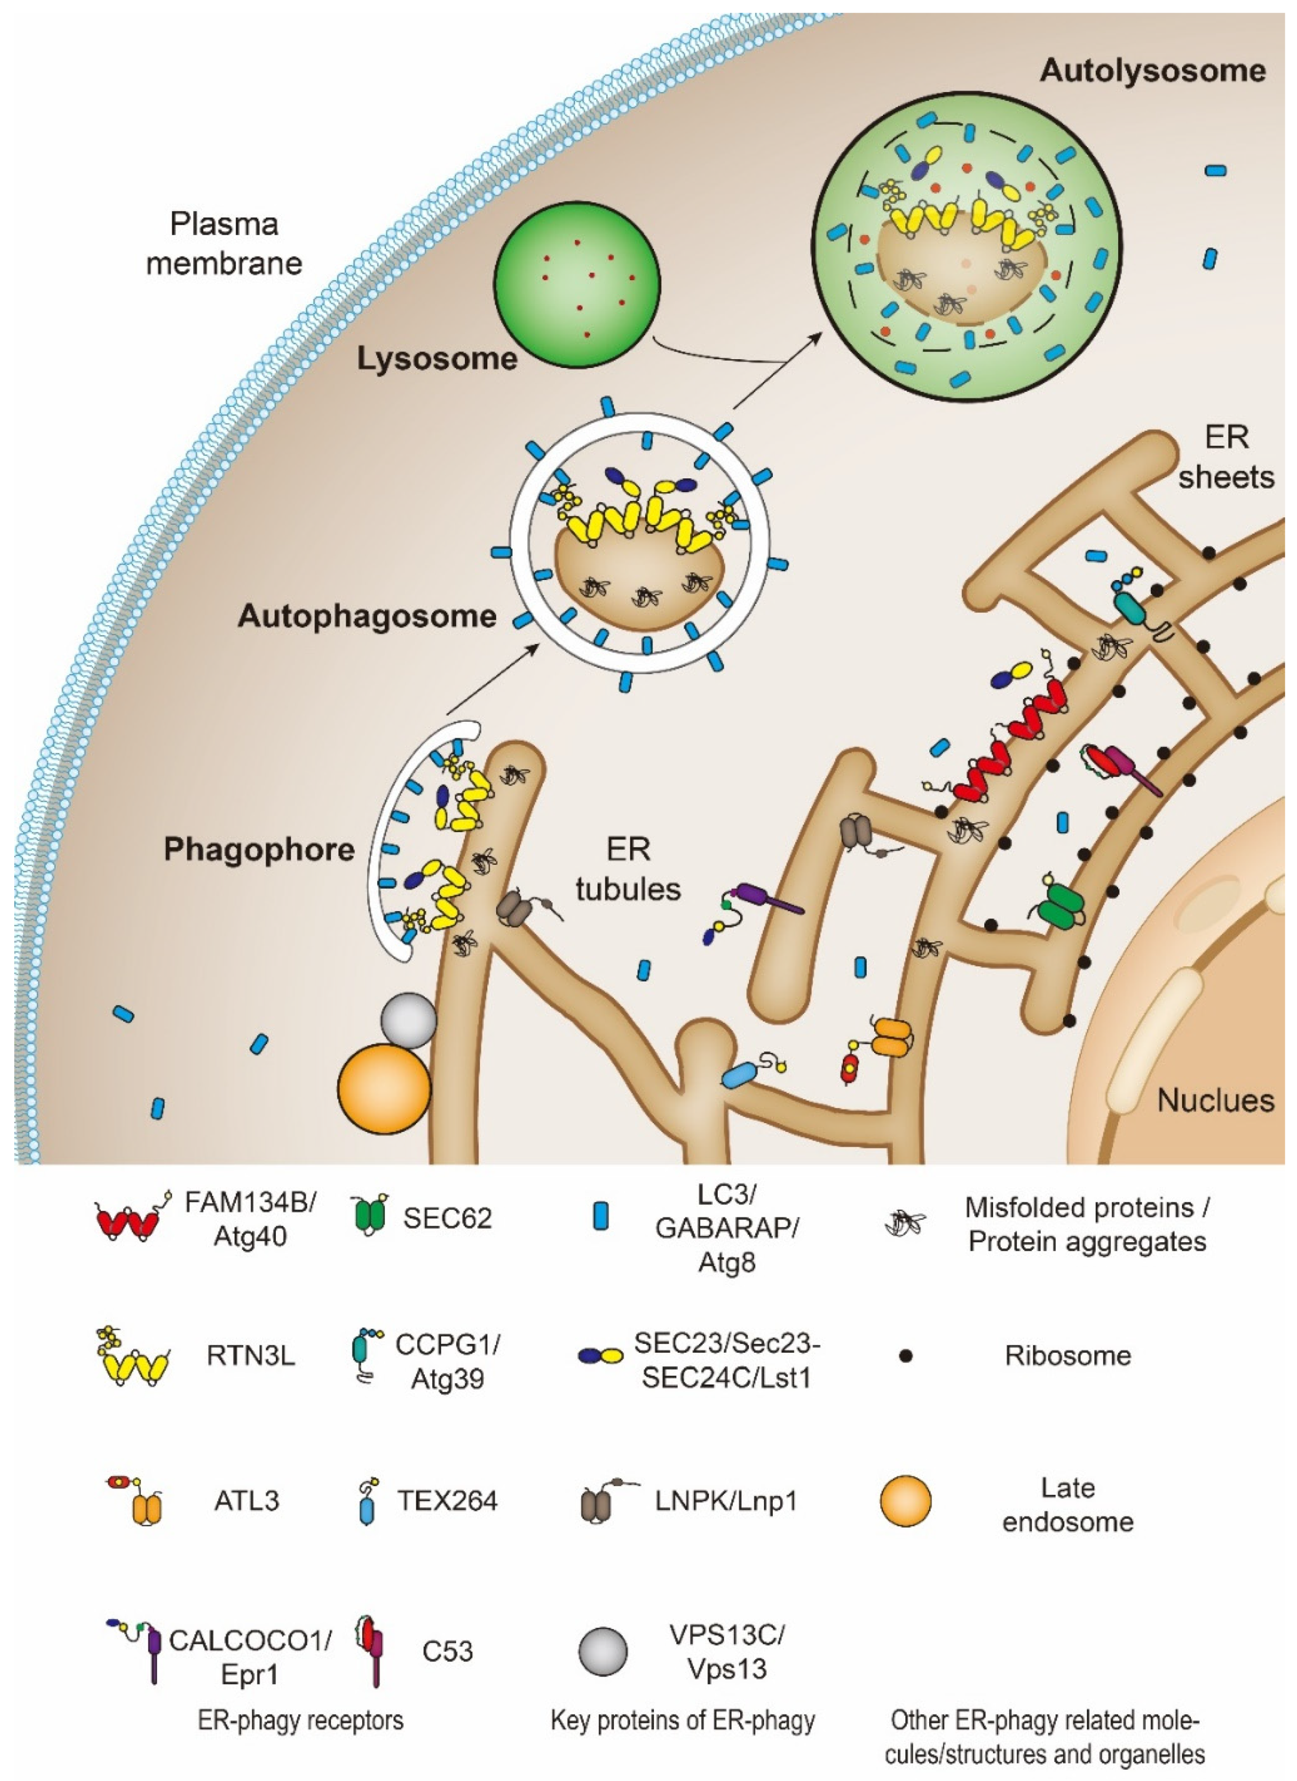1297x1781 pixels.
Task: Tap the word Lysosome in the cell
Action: (x=437, y=359)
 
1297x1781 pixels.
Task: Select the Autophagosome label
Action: (x=367, y=616)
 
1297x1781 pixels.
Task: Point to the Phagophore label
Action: (x=259, y=850)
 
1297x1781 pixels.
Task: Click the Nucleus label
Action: (x=1215, y=1100)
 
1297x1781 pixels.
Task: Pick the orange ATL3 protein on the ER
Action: (x=891, y=1037)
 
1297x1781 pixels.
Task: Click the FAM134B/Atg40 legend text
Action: (x=250, y=1219)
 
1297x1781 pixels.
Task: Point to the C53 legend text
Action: (x=447, y=1651)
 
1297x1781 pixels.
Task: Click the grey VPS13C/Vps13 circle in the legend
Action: (x=603, y=1651)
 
